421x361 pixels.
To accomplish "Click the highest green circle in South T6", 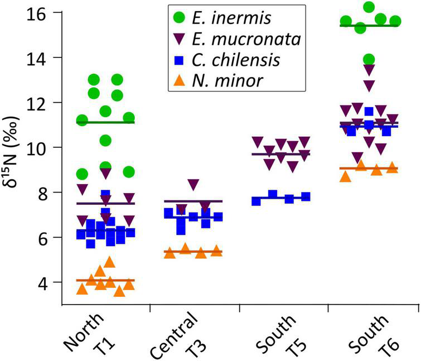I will [x=369, y=7].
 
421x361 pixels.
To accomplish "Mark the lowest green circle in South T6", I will [x=369, y=59].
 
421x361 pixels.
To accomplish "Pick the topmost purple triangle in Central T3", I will [x=193, y=184].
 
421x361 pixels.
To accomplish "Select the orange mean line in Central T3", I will [x=193, y=252].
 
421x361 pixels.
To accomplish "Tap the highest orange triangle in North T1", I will [x=110, y=262].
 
